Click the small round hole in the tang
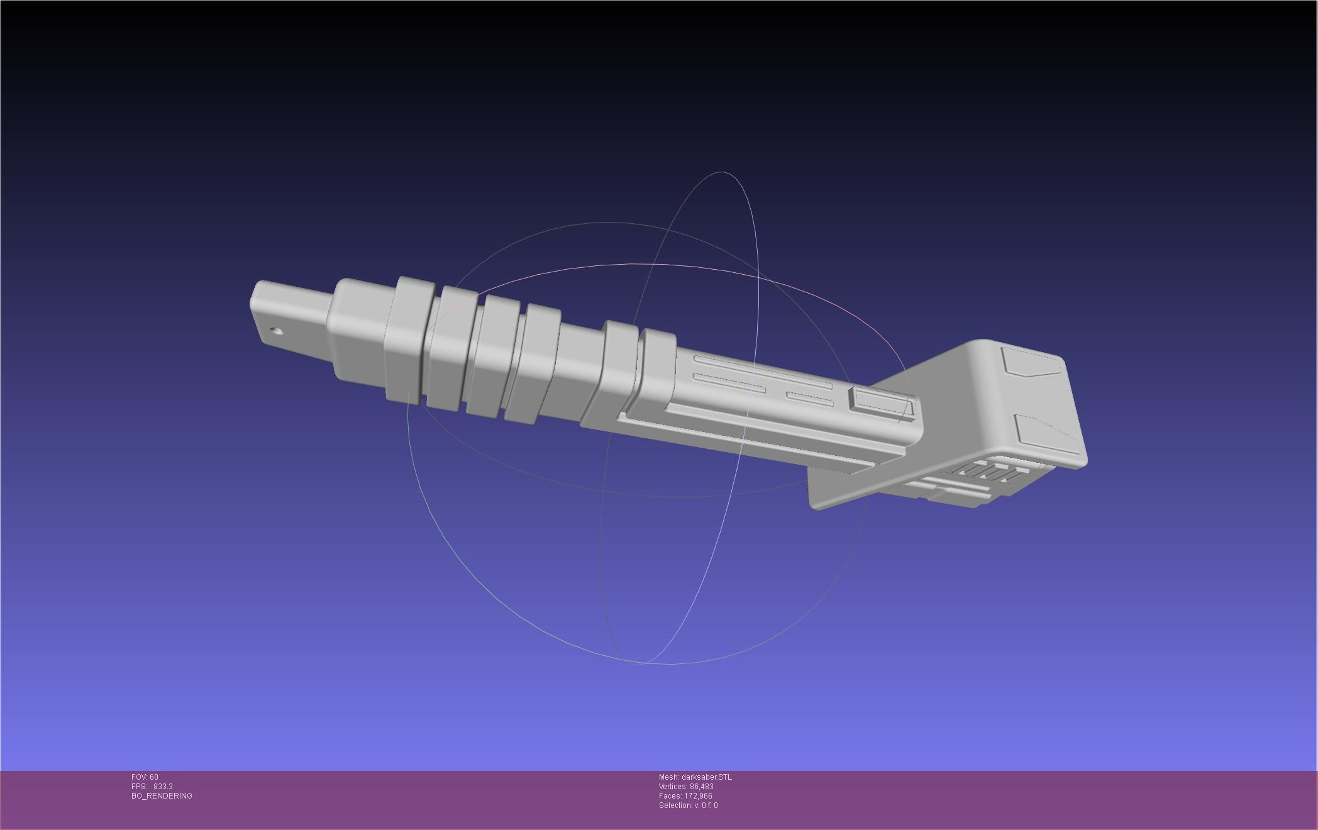tap(275, 331)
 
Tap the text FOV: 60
tap(145, 777)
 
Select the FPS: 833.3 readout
tap(152, 787)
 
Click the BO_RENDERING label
tap(162, 796)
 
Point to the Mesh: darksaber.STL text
tap(695, 777)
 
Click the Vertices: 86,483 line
tap(686, 787)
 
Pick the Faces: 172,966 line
tap(685, 796)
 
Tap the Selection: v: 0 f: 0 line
tap(688, 805)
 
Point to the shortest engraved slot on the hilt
tap(809, 399)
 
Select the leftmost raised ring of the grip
tap(409, 340)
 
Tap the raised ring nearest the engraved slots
tap(657, 365)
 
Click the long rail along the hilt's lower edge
tap(755, 440)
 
